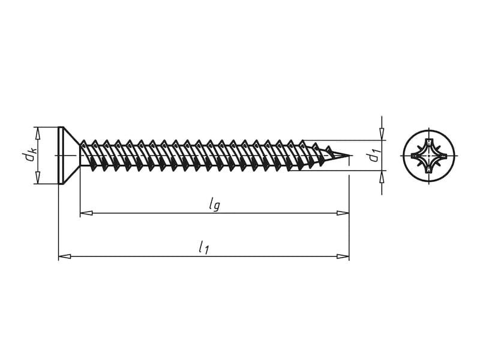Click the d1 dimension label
pyautogui.click(x=373, y=155)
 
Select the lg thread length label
pyautogui.click(x=214, y=204)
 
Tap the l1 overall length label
pyautogui.click(x=203, y=247)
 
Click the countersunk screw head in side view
pyautogui.click(x=69, y=155)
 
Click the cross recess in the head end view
pyautogui.click(x=429, y=155)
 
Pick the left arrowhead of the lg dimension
pyautogui.click(x=86, y=213)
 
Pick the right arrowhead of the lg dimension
pyautogui.click(x=343, y=213)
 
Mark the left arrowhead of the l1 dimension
pyautogui.click(x=65, y=256)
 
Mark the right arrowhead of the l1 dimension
pyautogui.click(x=343, y=256)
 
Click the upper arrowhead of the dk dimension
pyautogui.click(x=38, y=133)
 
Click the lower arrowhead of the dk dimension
pyautogui.click(x=38, y=178)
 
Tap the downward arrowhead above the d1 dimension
pyautogui.click(x=382, y=134)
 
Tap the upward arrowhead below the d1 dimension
pyautogui.click(x=382, y=176)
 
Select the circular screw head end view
pyautogui.click(x=429, y=155)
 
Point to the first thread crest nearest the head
pyautogui.click(x=83, y=142)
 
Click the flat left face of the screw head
pyautogui.click(x=58, y=155)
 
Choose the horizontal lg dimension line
pyautogui.click(x=215, y=213)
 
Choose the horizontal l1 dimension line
pyautogui.click(x=204, y=256)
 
